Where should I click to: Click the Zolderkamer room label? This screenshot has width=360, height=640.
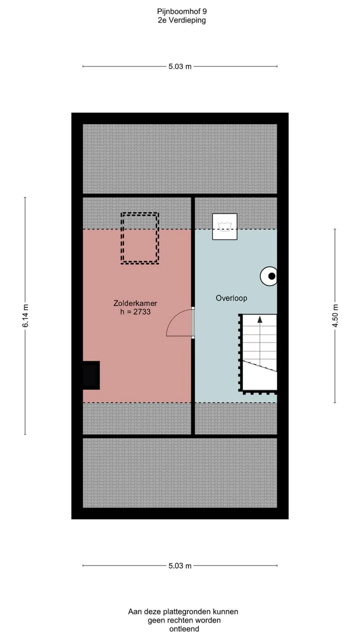click(x=135, y=303)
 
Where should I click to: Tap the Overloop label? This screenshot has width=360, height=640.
click(x=231, y=298)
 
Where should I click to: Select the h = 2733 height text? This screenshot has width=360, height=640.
click(x=135, y=311)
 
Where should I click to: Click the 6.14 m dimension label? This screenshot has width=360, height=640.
click(x=25, y=315)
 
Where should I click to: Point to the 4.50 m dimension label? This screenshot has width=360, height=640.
click(x=335, y=315)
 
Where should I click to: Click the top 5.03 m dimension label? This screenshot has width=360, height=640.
click(x=180, y=66)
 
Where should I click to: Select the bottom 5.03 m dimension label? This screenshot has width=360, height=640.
click(x=180, y=565)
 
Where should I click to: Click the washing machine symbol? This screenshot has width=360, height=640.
click(x=224, y=226)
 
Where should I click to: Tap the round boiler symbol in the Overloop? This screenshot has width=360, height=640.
click(x=269, y=276)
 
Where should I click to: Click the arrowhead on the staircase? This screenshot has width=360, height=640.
click(x=259, y=319)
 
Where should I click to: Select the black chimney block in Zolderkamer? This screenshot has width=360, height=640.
click(x=91, y=375)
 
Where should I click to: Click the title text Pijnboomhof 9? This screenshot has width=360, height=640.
click(x=182, y=11)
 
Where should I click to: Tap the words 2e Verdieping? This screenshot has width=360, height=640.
click(x=181, y=20)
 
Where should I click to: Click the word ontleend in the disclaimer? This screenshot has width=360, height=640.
click(x=184, y=629)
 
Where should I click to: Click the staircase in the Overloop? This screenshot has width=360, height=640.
click(x=258, y=353)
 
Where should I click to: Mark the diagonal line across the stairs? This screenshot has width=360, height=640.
click(x=259, y=366)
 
